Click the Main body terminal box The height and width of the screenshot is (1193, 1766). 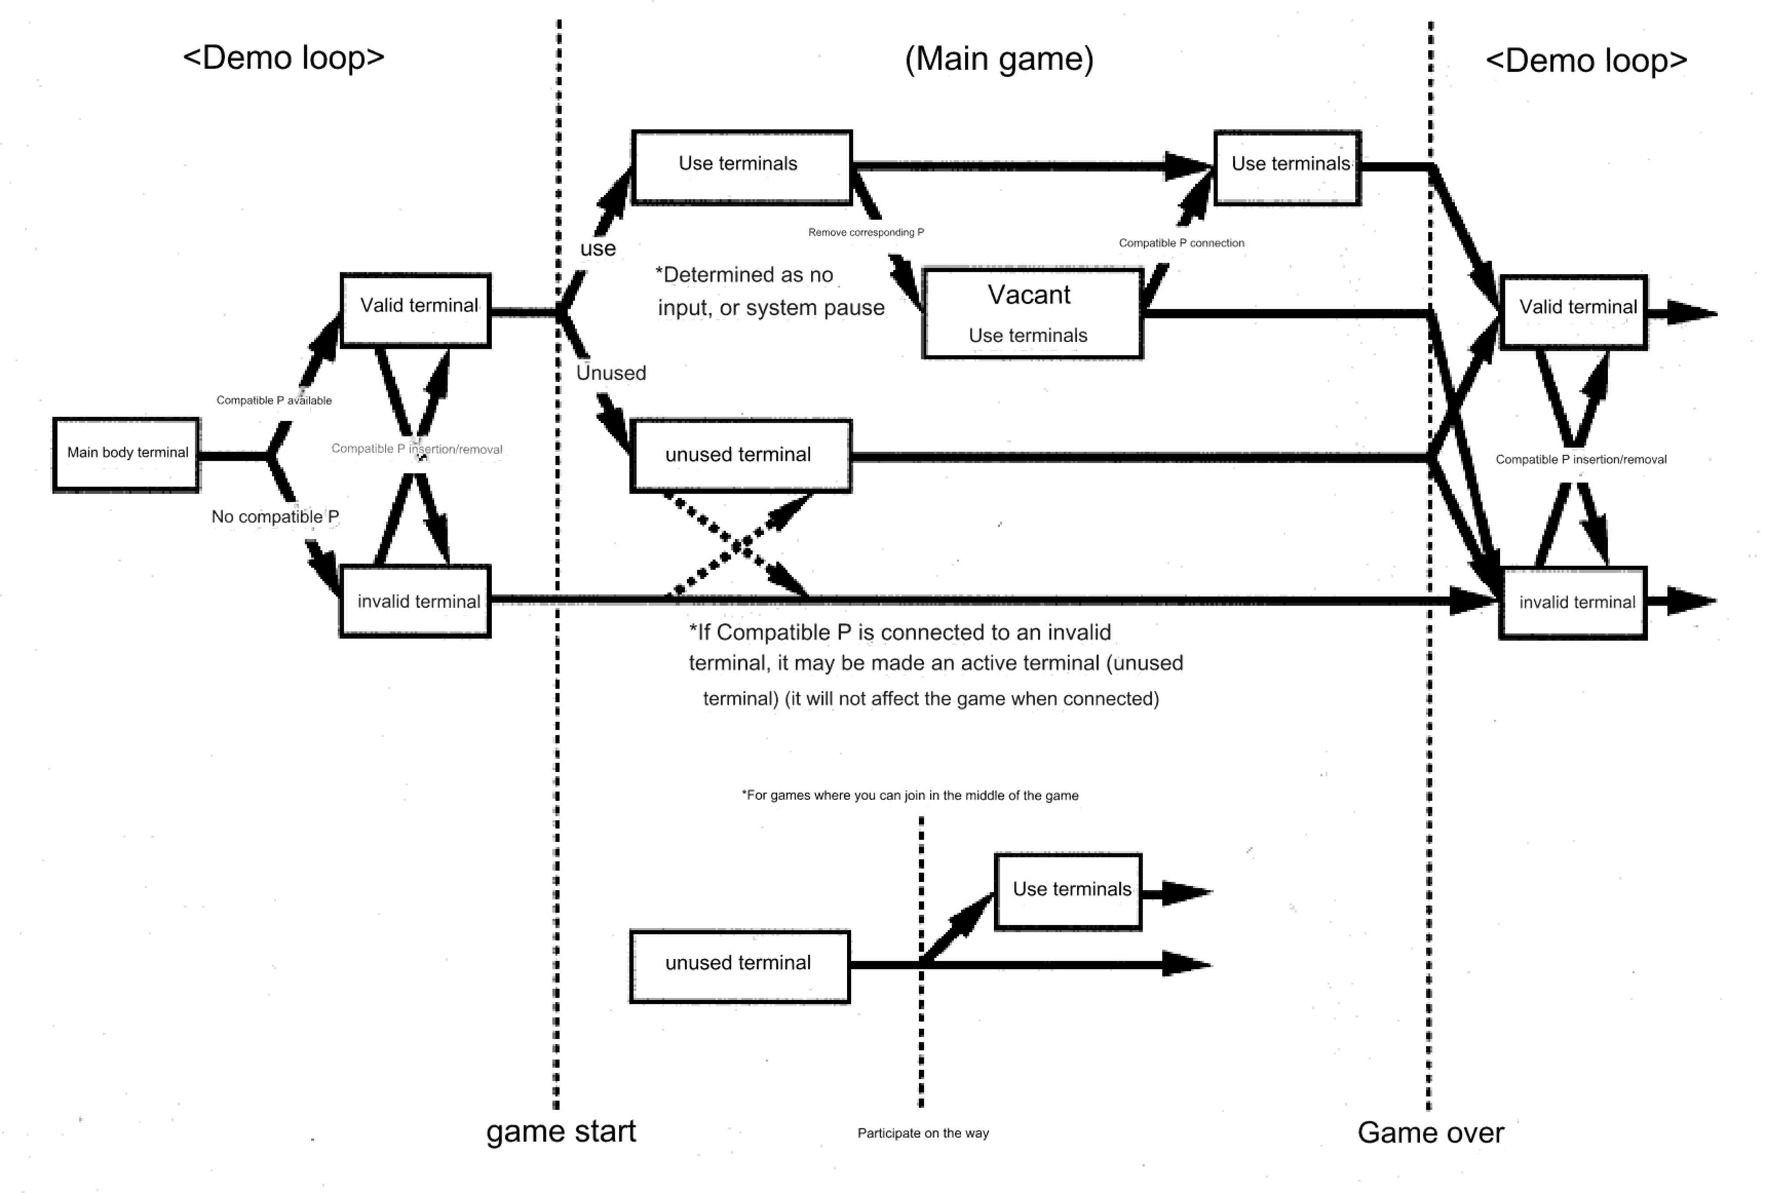(126, 455)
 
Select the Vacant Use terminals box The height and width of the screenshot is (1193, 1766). (1032, 313)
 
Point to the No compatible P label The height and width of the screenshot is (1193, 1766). (274, 517)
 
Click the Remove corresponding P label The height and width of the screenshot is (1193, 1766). (866, 233)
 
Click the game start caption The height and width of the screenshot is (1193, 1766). (561, 1132)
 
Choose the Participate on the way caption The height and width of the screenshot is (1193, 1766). (923, 1133)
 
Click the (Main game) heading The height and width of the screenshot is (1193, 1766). (999, 59)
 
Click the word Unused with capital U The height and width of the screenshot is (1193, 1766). (611, 373)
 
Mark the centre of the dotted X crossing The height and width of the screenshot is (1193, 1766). (737, 545)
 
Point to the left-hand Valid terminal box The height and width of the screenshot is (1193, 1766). (416, 310)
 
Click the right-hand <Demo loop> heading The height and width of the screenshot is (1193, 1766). (1586, 61)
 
